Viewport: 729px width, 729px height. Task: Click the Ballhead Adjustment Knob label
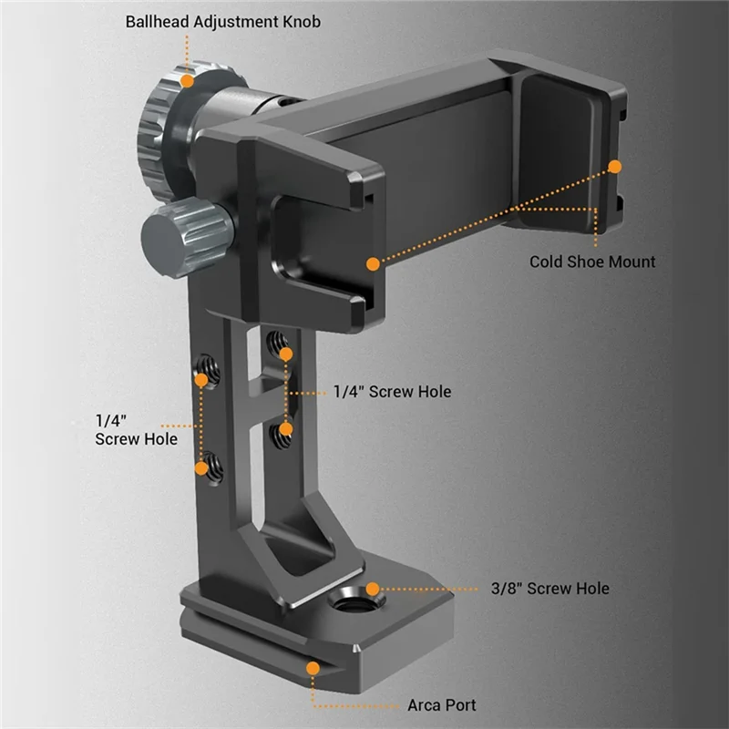(x=224, y=21)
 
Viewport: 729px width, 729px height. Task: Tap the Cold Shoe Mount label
(x=592, y=262)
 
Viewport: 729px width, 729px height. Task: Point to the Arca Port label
(x=441, y=704)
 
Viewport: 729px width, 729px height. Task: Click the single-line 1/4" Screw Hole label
(x=392, y=392)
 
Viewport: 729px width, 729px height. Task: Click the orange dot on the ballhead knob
(x=188, y=79)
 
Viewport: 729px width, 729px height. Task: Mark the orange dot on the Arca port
(x=313, y=668)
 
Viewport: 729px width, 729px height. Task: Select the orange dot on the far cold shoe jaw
(x=615, y=167)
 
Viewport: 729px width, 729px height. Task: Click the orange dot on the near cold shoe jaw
(x=372, y=263)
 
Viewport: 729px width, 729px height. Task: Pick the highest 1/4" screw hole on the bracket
(x=278, y=345)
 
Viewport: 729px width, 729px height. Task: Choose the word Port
(x=460, y=704)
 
